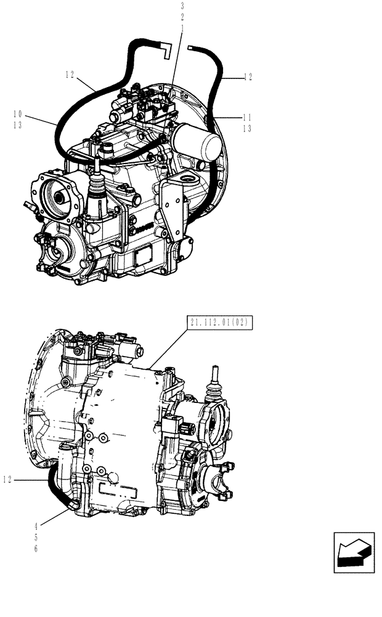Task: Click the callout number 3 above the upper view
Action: point(183,6)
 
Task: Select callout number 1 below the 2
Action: point(183,28)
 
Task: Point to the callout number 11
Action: point(248,117)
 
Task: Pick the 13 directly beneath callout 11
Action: point(248,128)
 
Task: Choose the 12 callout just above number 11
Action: point(248,78)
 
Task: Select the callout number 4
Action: point(36,526)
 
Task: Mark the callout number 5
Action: point(36,537)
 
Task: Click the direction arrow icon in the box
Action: point(354,552)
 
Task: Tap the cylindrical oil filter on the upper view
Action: point(198,143)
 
